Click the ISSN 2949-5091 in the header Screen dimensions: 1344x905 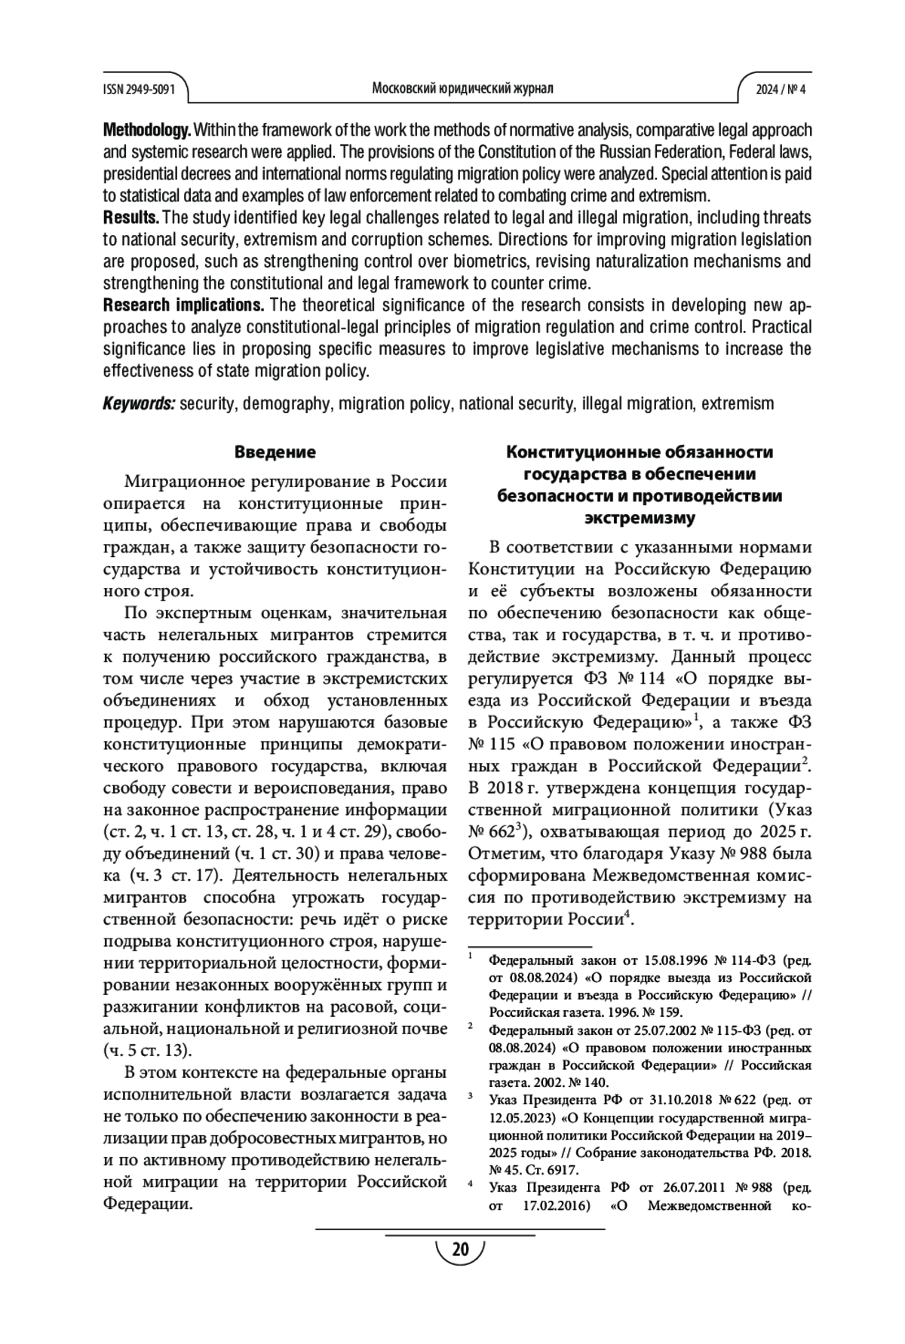(x=139, y=89)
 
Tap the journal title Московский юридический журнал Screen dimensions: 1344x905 (x=462, y=88)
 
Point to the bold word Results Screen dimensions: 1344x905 (x=130, y=219)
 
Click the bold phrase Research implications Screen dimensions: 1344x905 (x=183, y=305)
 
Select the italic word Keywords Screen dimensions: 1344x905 (x=139, y=403)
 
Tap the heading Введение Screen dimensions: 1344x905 (x=275, y=452)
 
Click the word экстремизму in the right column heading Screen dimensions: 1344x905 (x=640, y=519)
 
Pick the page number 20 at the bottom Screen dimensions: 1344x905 (x=460, y=1251)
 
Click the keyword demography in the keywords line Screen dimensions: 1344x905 (x=287, y=403)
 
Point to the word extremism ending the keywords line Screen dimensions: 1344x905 (x=738, y=403)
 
